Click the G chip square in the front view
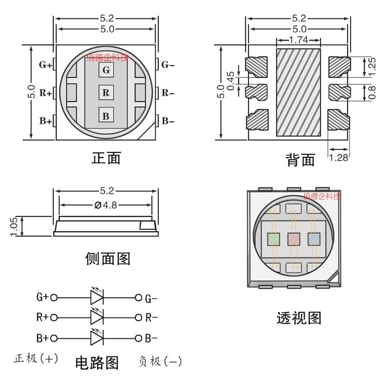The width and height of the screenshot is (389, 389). coord(106,70)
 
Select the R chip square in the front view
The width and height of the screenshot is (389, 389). coord(106,92)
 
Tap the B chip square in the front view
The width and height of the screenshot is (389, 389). coord(106,115)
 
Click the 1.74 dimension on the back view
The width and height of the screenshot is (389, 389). coord(298,40)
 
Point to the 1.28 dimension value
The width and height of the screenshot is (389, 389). coord(338,158)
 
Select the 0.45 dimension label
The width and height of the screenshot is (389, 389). coord(230,81)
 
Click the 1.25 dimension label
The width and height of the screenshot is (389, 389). coord(372,66)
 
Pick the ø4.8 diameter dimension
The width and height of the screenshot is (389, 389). coord(106,205)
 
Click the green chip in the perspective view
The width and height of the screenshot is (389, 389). coord(273,239)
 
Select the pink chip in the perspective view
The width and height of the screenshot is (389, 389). coord(294,239)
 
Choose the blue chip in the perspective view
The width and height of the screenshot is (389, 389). coord(314,239)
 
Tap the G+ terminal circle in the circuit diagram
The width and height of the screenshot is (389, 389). coord(54,298)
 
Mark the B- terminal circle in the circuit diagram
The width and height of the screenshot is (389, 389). coord(138,338)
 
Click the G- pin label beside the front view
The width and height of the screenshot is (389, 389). coord(168,65)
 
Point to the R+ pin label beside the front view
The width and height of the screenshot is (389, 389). coord(46,93)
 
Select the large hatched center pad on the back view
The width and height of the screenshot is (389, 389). coord(298,92)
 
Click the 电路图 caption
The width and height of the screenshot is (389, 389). coord(97,363)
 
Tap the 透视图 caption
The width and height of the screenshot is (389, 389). coord(299,318)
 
